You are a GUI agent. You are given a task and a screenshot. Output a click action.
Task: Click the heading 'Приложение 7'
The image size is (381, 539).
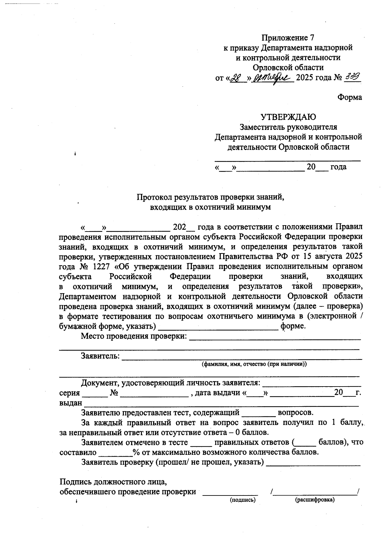click(x=288, y=38)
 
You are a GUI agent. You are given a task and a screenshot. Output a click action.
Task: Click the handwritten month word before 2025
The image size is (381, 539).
click(x=272, y=77)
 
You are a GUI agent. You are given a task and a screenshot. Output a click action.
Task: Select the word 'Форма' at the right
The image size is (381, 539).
click(x=350, y=98)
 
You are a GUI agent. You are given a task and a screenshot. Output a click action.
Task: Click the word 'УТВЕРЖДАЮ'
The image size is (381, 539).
click(x=288, y=117)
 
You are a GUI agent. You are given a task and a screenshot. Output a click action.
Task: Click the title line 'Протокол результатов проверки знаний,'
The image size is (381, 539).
click(x=210, y=197)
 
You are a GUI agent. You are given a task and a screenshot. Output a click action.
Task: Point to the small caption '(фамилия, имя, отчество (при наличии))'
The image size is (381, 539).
click(x=254, y=364)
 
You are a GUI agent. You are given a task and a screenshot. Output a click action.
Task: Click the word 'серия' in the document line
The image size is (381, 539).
click(x=70, y=393)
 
